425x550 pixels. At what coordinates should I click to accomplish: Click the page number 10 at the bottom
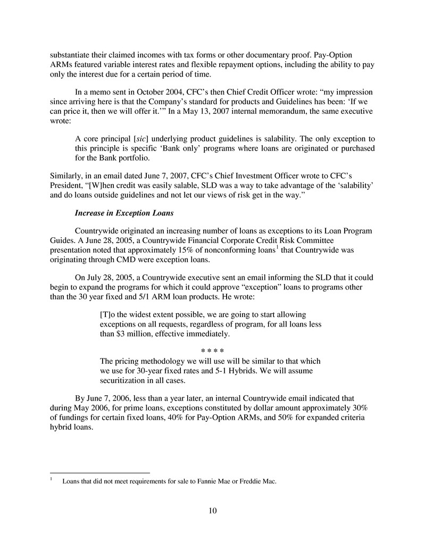point(212,511)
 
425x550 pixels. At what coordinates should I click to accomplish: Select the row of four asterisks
point(212,351)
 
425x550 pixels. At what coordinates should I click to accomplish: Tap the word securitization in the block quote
point(124,380)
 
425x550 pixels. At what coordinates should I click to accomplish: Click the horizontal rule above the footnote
point(99,472)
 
